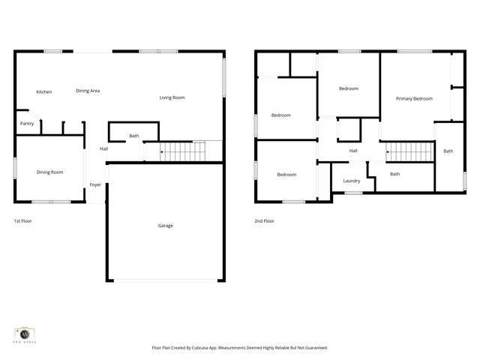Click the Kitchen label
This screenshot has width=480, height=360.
click(x=44, y=92)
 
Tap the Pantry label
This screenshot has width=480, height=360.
click(x=27, y=124)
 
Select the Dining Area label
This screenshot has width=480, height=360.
click(x=88, y=91)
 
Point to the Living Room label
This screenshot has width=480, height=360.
click(x=172, y=97)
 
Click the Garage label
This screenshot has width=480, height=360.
click(x=165, y=225)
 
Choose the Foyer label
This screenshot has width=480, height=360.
click(x=95, y=184)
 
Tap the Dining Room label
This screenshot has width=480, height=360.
click(x=50, y=172)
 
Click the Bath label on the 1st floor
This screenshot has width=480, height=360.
click(x=133, y=136)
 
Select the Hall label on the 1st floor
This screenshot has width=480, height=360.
click(x=104, y=148)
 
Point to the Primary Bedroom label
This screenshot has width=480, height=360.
click(x=414, y=99)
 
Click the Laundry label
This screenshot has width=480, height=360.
click(x=351, y=181)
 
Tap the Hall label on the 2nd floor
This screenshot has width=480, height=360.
click(x=352, y=151)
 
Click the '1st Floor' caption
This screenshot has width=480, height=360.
click(x=22, y=221)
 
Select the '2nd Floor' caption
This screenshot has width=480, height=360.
click(x=264, y=221)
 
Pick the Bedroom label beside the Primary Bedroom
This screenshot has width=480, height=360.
click(x=348, y=88)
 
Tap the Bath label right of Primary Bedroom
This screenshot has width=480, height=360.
click(x=448, y=151)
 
